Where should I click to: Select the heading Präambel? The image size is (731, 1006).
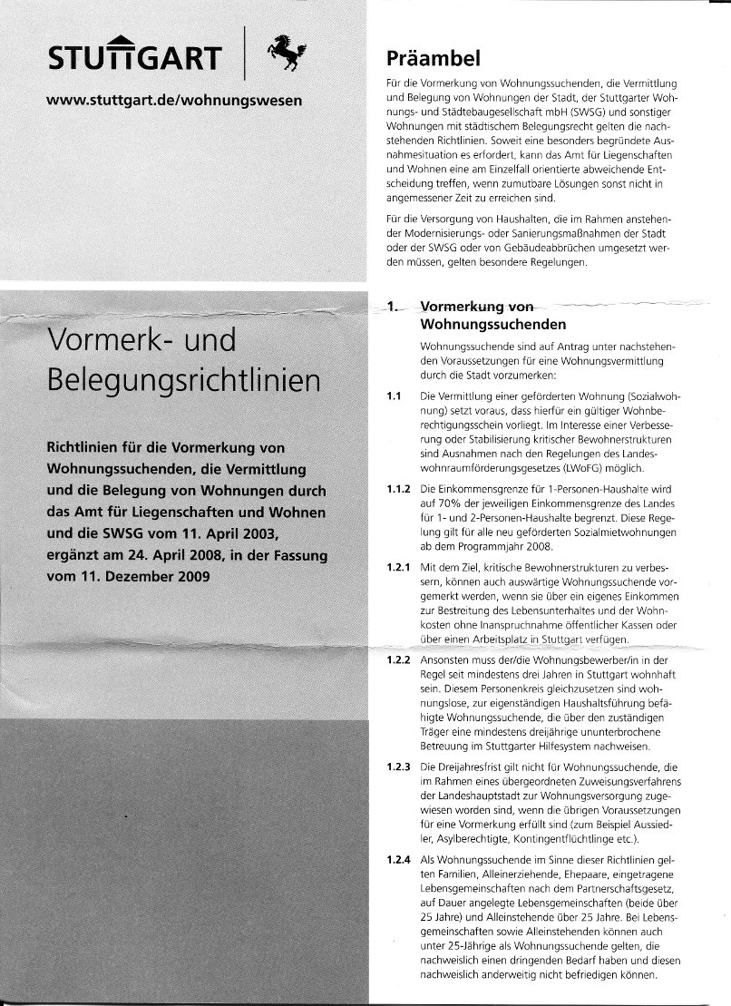[x=433, y=59]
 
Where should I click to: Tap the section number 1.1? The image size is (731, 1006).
[x=392, y=397]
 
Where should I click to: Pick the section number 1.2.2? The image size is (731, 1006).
[x=398, y=662]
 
